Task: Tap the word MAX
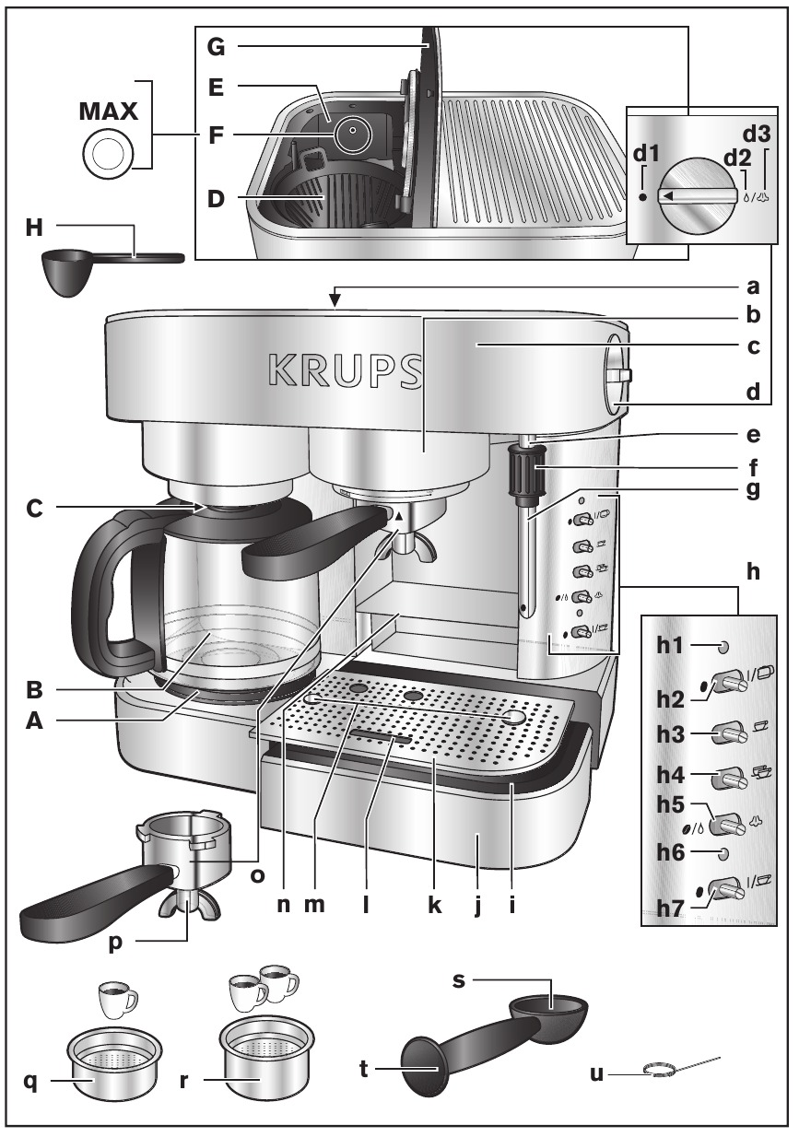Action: (109, 113)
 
